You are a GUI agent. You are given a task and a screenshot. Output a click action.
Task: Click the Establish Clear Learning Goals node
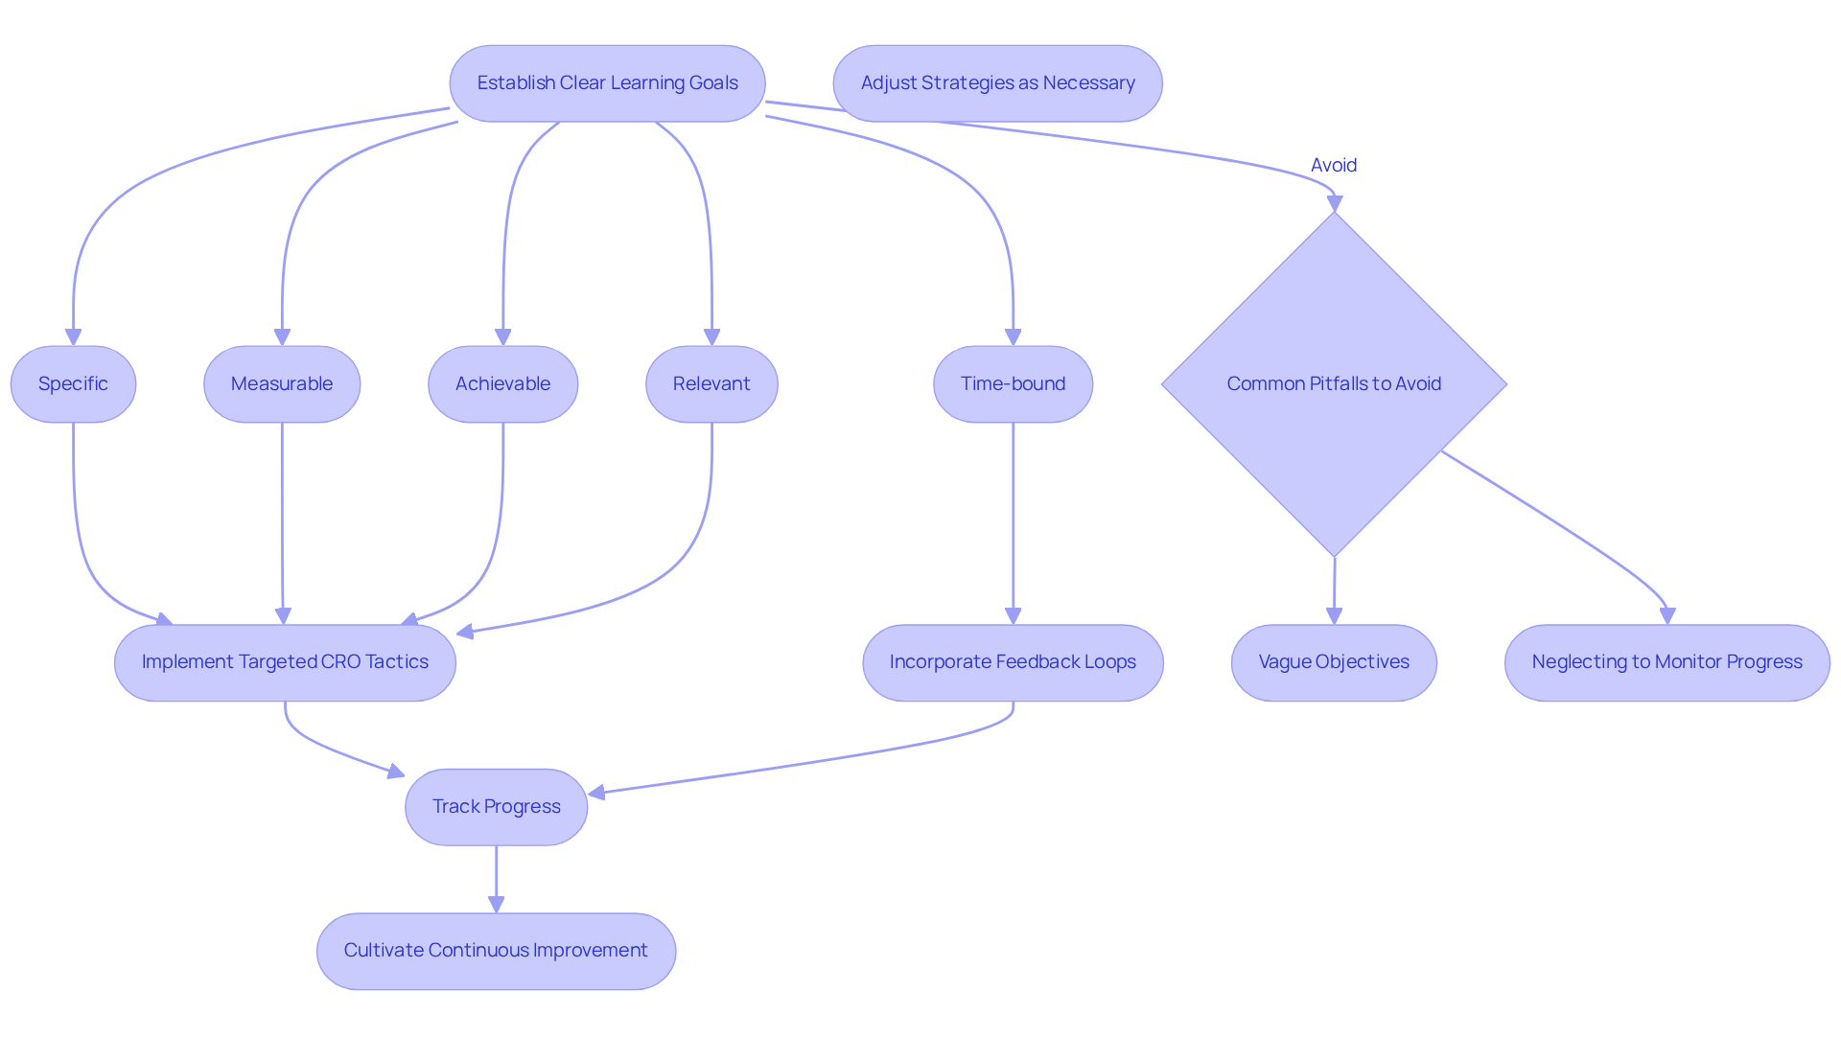coord(607,83)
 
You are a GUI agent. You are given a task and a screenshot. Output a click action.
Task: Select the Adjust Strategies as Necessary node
coord(997,83)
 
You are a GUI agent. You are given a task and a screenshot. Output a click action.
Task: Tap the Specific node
coord(73,383)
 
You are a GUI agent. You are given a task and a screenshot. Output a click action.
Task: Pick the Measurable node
coord(282,383)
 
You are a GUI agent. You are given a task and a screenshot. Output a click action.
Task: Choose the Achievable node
coord(502,383)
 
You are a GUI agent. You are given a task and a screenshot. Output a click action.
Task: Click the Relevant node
coord(711,383)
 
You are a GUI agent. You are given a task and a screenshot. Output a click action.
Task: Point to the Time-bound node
coord(1013,383)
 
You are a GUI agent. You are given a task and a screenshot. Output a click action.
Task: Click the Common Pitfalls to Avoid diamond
coord(1334,383)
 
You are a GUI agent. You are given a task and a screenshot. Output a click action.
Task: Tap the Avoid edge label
coord(1334,165)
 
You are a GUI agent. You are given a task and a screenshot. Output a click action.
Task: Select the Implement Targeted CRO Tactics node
coord(285,662)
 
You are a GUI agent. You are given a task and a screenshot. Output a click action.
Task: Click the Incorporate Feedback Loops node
coord(1013,662)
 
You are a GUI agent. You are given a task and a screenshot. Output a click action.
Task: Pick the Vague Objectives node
coord(1334,662)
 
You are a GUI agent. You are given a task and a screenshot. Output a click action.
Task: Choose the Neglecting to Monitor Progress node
coord(1666,662)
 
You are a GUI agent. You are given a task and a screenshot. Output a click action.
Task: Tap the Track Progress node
coord(496,807)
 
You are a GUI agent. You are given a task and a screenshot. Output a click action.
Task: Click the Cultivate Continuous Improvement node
coord(496,951)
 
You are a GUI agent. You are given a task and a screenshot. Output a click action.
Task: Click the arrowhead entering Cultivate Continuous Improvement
coord(496,904)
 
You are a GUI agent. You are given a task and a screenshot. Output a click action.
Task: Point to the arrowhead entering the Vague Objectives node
coord(1334,615)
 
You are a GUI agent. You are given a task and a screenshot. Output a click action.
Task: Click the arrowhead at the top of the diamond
coord(1334,203)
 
